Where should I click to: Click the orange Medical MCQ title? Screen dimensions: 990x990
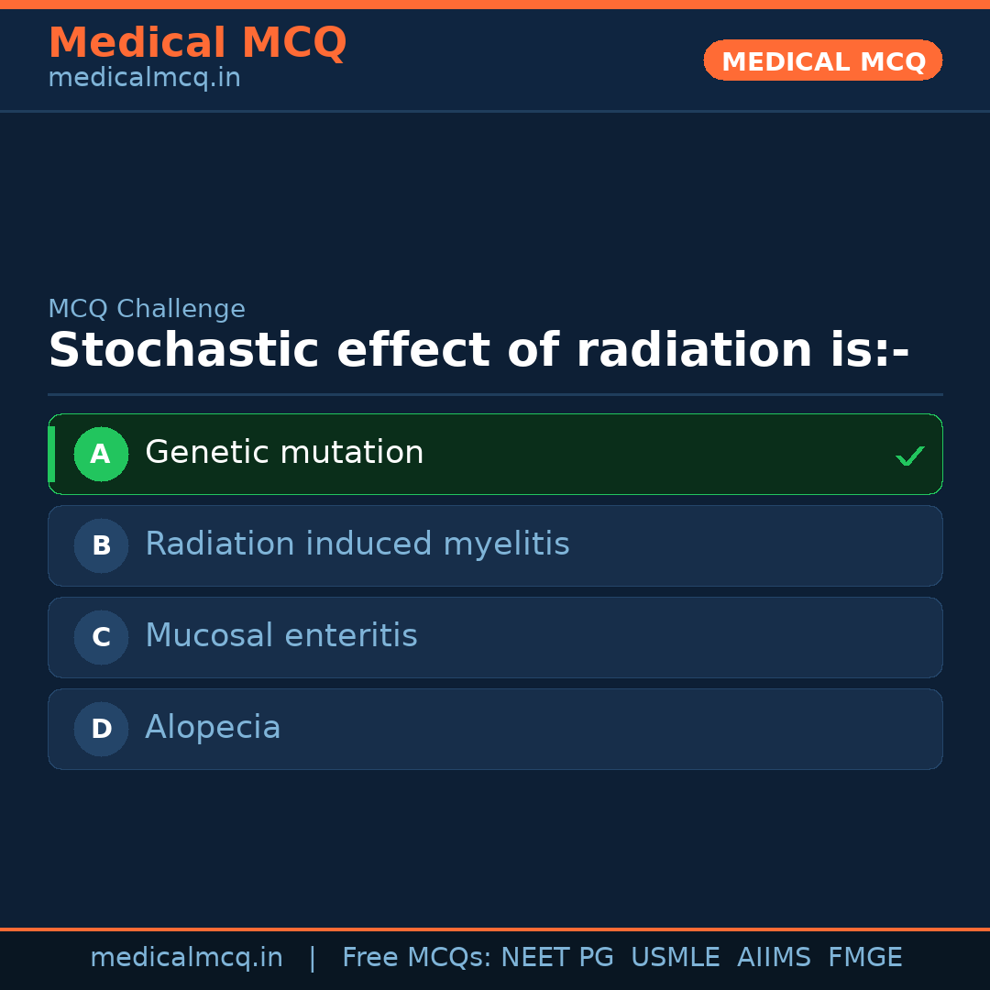198,42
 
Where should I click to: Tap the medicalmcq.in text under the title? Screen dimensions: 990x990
145,78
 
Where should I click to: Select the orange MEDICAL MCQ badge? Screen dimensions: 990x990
822,60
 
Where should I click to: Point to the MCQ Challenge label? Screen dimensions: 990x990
147,309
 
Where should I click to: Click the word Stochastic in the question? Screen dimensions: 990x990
183,350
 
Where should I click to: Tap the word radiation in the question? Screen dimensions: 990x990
695,350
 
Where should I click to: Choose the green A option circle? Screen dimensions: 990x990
101,454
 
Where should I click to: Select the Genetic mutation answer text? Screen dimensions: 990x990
284,452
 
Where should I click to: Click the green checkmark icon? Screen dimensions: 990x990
910,456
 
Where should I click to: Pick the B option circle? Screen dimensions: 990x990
101,545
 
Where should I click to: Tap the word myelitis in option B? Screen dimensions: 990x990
506,544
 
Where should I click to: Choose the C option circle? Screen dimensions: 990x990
101,637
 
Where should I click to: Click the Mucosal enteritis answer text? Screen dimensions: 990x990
281,635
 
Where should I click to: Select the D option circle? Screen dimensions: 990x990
101,729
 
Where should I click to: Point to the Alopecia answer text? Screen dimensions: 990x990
213,727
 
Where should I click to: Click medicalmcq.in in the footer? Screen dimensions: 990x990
186,958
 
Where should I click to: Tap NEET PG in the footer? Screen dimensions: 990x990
557,957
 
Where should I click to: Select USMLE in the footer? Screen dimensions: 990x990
675,957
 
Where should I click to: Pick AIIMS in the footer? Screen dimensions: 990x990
774,957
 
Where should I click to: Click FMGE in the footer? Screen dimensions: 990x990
865,957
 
